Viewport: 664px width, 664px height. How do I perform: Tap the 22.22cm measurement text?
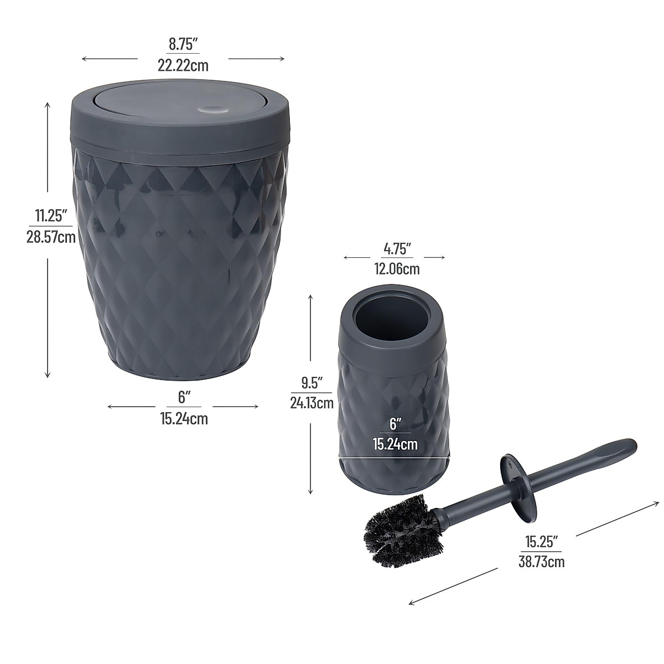[183, 66]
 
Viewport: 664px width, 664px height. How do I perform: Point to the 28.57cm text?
[50, 237]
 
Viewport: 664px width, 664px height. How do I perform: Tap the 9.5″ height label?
[312, 382]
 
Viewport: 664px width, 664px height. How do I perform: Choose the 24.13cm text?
[312, 403]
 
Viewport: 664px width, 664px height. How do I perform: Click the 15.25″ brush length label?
[541, 539]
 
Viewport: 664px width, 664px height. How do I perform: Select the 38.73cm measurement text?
[541, 562]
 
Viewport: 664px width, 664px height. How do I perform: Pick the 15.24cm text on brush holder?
[395, 443]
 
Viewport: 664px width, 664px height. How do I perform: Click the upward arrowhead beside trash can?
[48, 105]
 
